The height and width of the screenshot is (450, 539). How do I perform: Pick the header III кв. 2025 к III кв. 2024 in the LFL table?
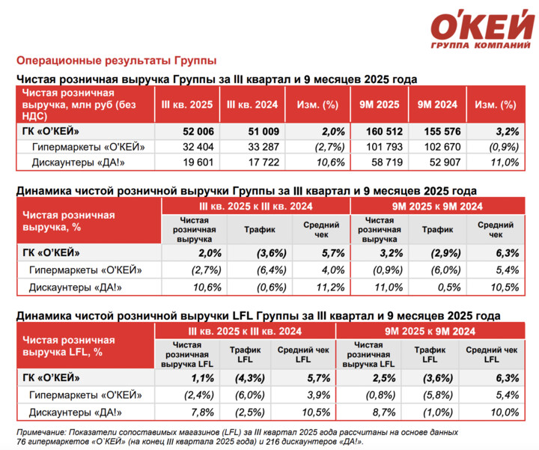[244, 329]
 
